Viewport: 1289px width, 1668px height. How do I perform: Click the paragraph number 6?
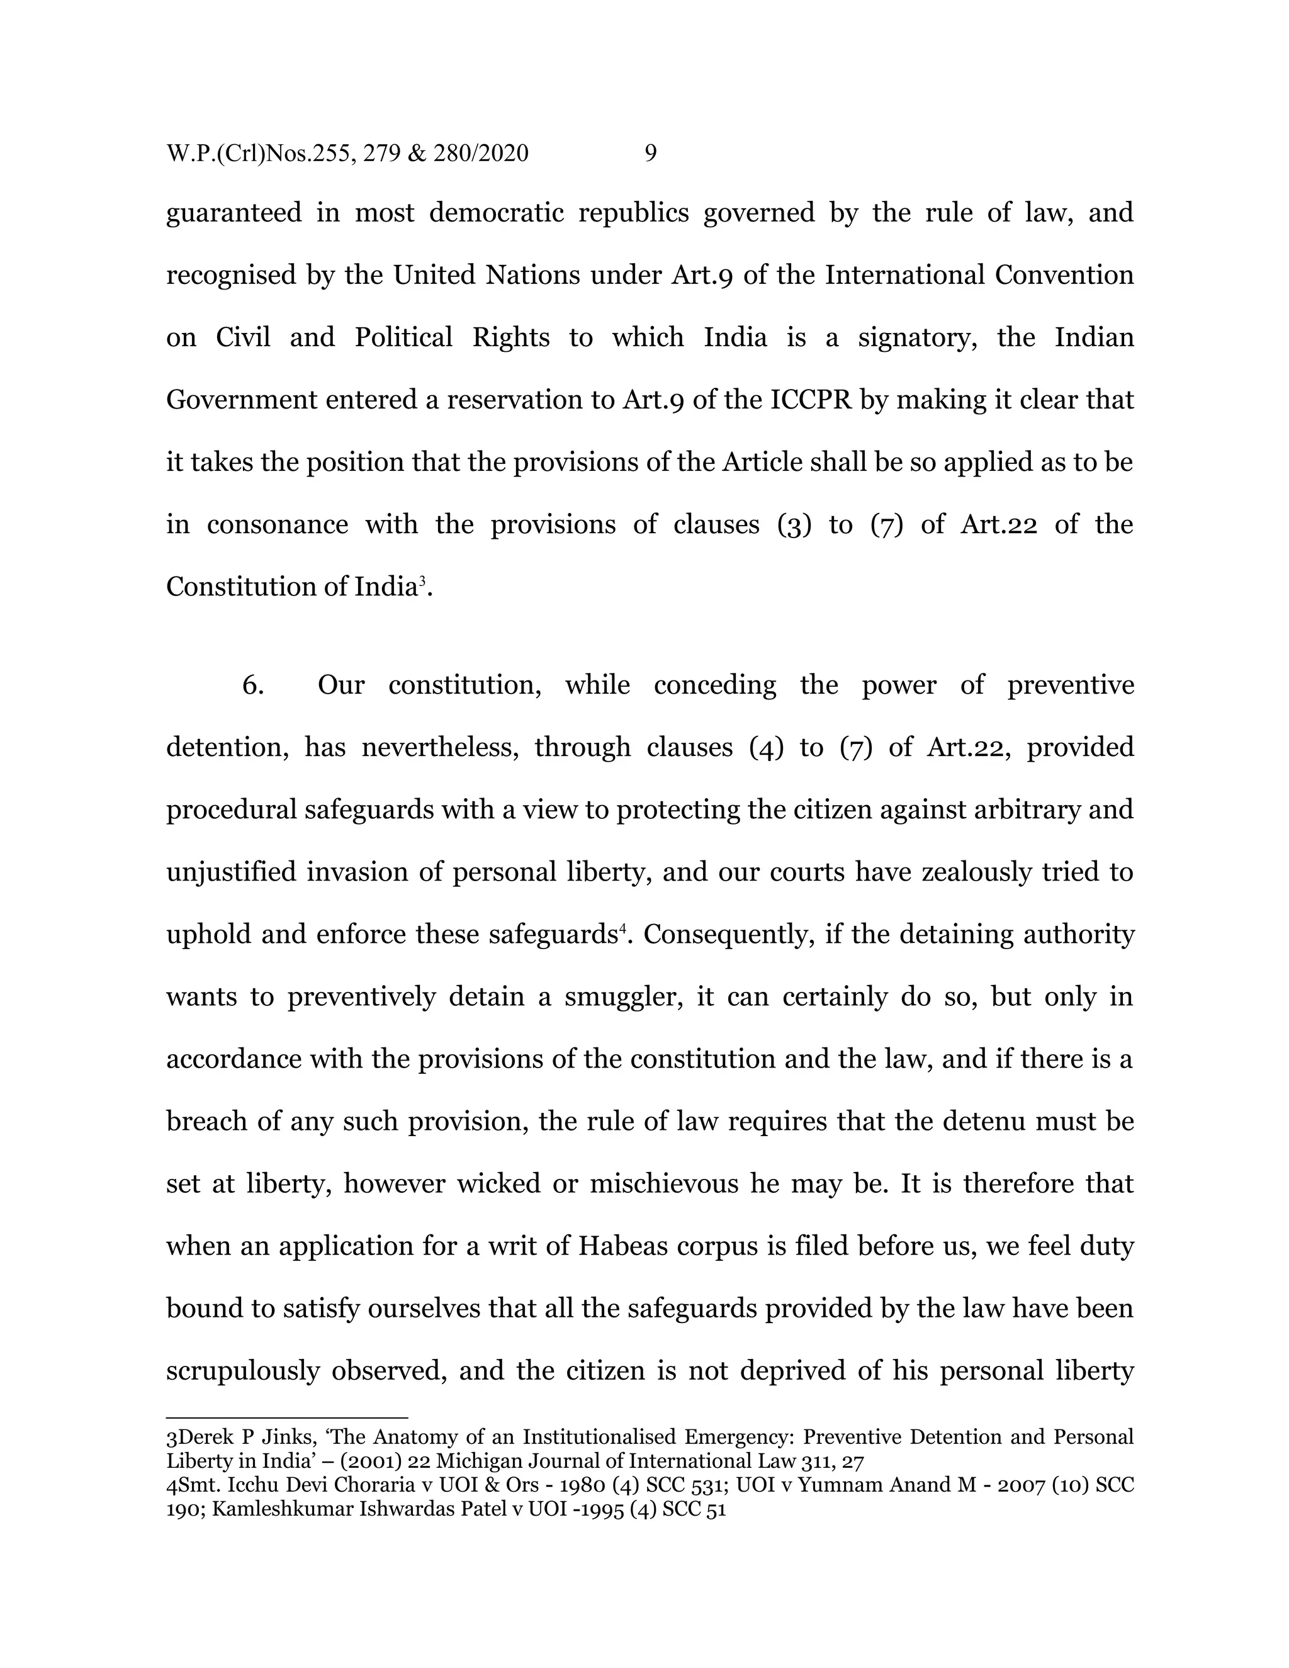(253, 684)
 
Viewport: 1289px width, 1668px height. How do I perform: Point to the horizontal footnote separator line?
(286, 1417)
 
